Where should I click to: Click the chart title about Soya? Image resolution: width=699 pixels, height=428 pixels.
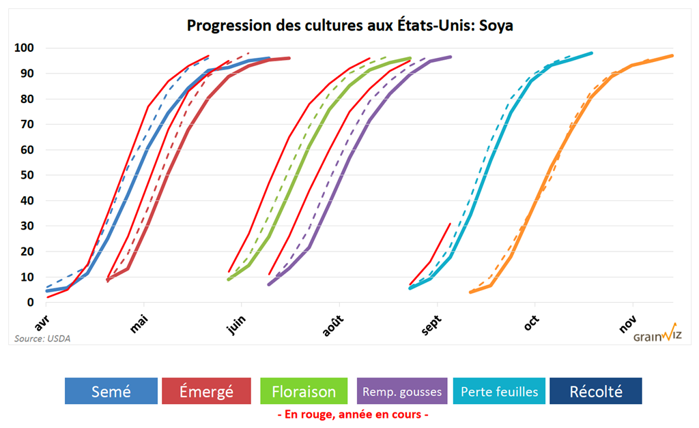[349, 26]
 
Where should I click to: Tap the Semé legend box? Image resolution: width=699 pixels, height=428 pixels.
[111, 391]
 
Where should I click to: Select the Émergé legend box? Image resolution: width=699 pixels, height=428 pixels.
[206, 391]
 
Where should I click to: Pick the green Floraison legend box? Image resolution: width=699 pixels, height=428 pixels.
[304, 391]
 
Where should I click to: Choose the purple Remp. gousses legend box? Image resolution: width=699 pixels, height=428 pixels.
[402, 391]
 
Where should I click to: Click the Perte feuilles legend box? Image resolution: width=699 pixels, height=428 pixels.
[499, 391]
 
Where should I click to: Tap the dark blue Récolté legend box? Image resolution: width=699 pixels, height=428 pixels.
[596, 391]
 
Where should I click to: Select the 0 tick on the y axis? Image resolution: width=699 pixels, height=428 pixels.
[29, 302]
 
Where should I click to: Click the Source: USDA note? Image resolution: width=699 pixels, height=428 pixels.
[42, 338]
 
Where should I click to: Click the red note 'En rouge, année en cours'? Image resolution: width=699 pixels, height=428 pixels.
[353, 414]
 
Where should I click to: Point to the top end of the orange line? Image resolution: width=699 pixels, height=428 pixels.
[672, 56]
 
